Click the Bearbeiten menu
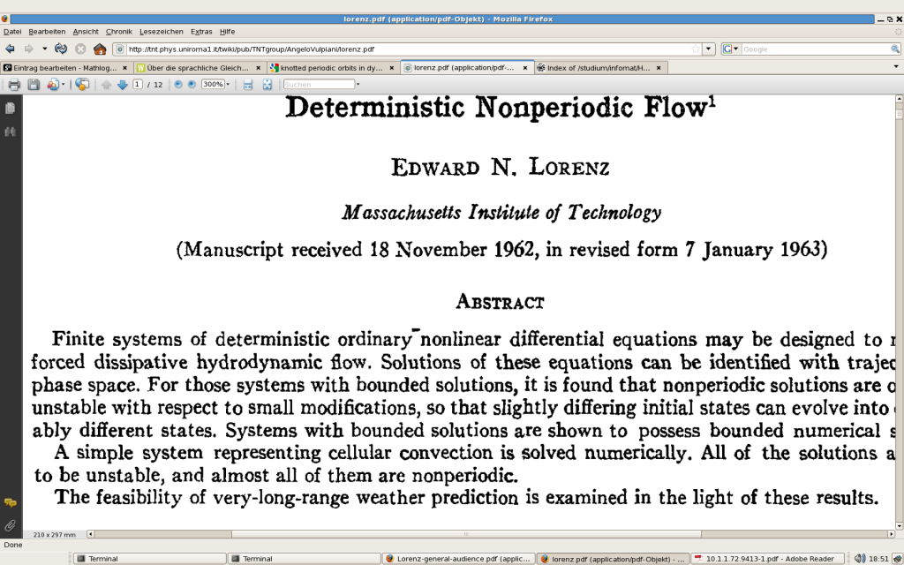pyautogui.click(x=47, y=32)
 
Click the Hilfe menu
pyautogui.click(x=227, y=32)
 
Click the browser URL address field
pyautogui.click(x=406, y=49)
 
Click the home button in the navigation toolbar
pyautogui.click(x=100, y=49)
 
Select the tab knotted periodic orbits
pyautogui.click(x=331, y=67)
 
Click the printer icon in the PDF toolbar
pyautogui.click(x=14, y=85)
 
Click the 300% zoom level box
pyautogui.click(x=213, y=85)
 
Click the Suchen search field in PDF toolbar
pyautogui.click(x=319, y=85)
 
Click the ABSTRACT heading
pyautogui.click(x=500, y=302)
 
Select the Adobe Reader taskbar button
pyautogui.click(x=768, y=558)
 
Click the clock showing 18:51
pyautogui.click(x=878, y=558)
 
